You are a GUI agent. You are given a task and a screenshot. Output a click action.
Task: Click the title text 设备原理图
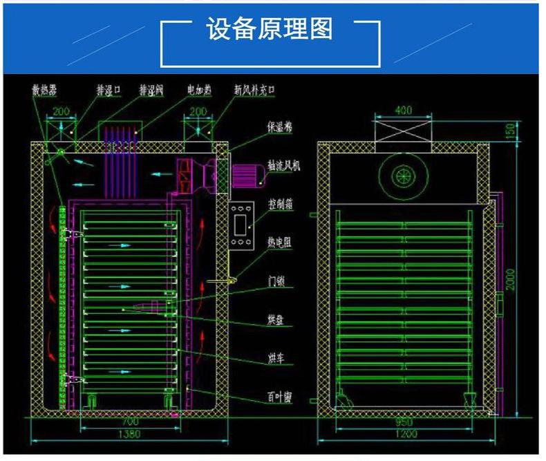270,30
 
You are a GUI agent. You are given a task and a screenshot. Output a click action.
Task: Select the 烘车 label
277,358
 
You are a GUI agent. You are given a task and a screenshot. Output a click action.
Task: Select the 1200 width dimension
405,434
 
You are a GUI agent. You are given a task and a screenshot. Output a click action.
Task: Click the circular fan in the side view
403,176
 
